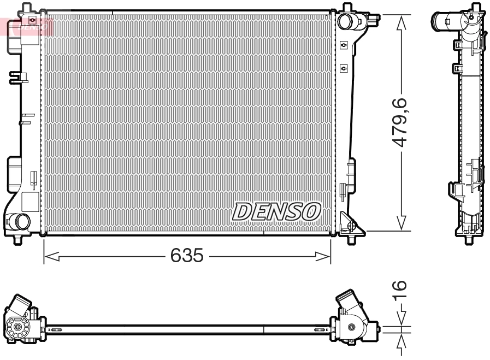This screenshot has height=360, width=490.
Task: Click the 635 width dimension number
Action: click(187, 255)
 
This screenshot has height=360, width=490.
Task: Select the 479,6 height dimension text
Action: click(403, 122)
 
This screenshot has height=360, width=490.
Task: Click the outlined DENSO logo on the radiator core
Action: click(278, 211)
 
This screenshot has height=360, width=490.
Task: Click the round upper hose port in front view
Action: click(345, 22)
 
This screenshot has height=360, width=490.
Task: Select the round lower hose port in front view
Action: click(22, 221)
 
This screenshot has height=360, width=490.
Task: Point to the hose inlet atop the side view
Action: click(445, 22)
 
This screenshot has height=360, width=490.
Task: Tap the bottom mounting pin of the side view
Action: click(469, 238)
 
